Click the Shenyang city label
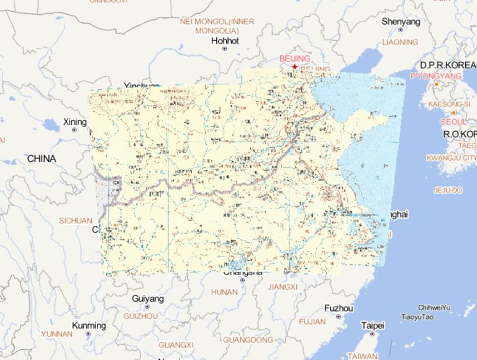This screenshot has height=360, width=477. pos(401,22)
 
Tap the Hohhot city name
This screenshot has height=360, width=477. pos(225,41)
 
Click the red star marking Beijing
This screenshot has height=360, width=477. pos(294,66)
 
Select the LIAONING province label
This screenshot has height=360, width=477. pos(401,42)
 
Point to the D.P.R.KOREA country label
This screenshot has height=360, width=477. pos(448,65)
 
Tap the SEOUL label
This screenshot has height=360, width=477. pos(453,122)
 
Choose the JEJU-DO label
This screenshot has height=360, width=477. pos(448,190)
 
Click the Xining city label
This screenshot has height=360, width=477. pos(75,122)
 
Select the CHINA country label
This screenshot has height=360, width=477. pos(41,159)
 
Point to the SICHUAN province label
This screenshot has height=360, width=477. pos(76,220)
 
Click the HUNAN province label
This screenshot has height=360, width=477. pos(224,292)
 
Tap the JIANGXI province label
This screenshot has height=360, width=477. pos(283,287)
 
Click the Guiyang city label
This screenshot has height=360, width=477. pos(148,299)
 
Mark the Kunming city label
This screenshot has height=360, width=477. pos(89,326)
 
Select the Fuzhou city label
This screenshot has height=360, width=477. pos(338,308)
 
